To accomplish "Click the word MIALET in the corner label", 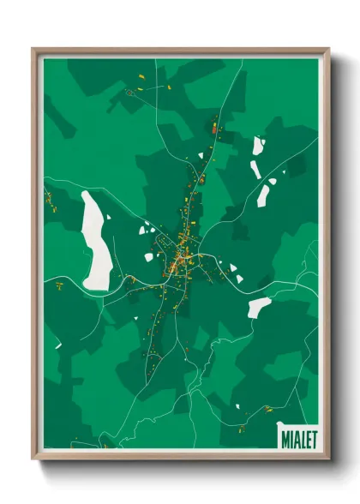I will click(x=297, y=438).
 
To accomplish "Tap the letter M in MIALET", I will click(x=284, y=438).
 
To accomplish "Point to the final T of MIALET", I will click(x=313, y=438).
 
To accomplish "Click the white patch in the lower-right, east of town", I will click(x=259, y=306).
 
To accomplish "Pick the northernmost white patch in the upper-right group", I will click(x=257, y=146).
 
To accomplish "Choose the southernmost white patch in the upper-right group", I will click(x=264, y=197).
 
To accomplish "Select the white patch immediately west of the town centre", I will click(x=145, y=229).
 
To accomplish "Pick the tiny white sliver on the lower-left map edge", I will click(x=57, y=345).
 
